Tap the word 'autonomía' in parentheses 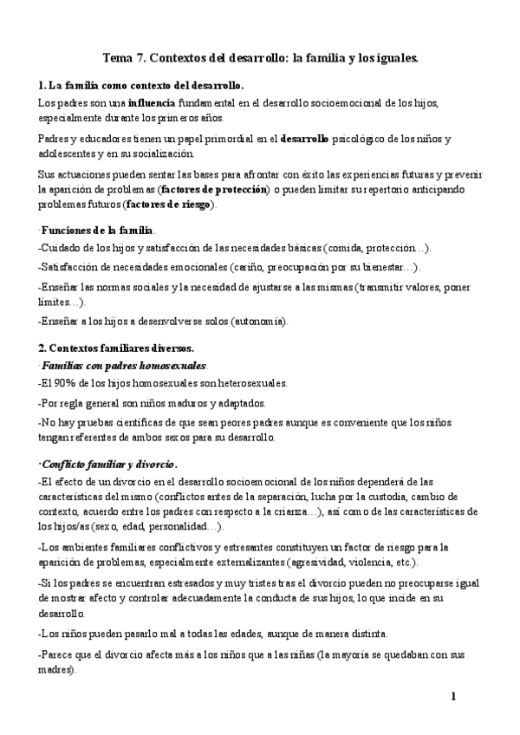[257, 321]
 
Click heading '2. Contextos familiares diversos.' [116, 348]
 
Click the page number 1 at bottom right [453, 696]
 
